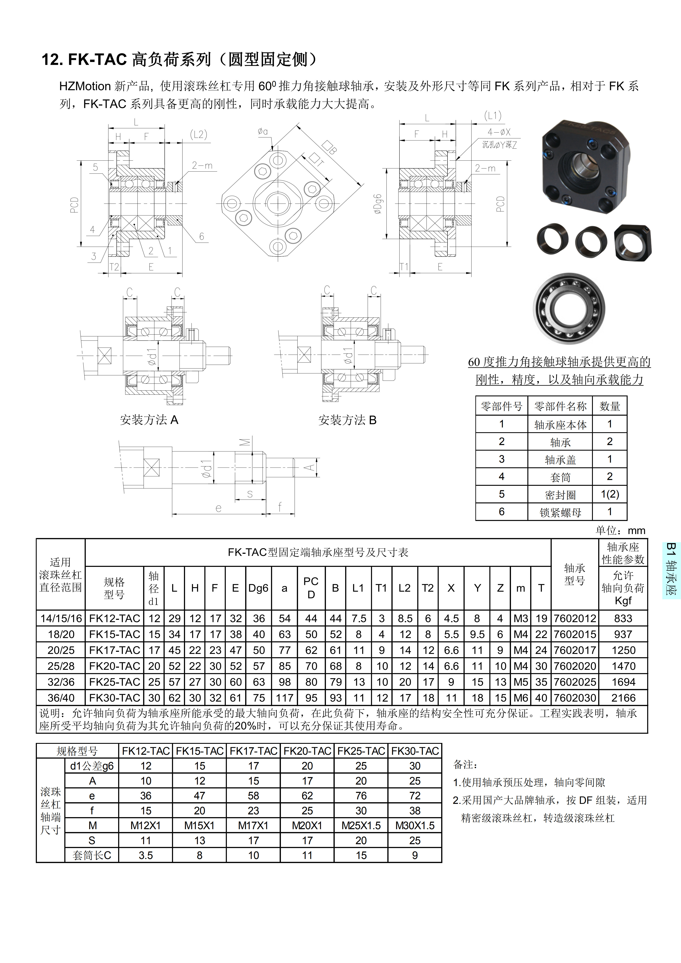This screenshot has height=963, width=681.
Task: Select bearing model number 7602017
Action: click(574, 650)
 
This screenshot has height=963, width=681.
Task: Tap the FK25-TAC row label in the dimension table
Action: click(115, 682)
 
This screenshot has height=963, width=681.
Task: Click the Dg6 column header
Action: click(258, 588)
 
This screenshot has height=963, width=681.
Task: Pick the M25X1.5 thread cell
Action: click(361, 826)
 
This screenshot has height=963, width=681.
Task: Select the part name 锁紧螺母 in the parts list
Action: click(560, 512)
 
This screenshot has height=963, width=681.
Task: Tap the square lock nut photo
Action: click(633, 242)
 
